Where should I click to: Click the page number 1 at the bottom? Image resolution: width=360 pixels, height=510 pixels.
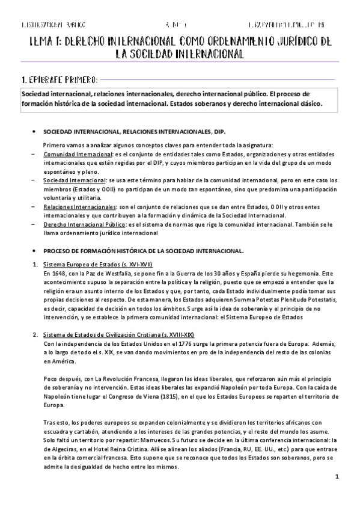tap(338, 478)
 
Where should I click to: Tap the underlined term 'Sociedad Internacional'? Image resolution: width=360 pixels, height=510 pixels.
tap(70, 180)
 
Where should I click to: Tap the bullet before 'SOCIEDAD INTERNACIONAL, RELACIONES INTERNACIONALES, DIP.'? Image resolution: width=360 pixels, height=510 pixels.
tap(34, 131)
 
